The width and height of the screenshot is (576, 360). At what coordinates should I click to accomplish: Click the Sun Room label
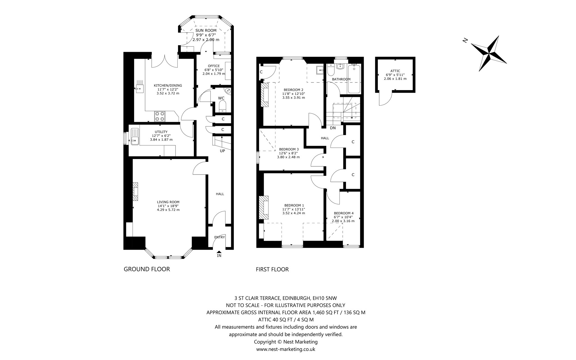(x=206, y=30)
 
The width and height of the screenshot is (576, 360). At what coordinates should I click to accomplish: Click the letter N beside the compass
(x=465, y=41)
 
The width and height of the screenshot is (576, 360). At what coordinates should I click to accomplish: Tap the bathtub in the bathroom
(x=354, y=79)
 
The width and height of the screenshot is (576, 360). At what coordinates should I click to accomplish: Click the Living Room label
(x=168, y=202)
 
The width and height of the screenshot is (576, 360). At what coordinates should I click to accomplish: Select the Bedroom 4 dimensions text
(x=343, y=219)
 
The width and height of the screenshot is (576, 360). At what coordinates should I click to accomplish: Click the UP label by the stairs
(x=222, y=151)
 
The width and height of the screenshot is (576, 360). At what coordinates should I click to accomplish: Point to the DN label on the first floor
(x=333, y=128)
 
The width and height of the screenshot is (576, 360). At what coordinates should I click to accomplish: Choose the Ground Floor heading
(x=147, y=269)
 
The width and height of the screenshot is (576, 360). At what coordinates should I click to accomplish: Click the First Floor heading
(x=272, y=269)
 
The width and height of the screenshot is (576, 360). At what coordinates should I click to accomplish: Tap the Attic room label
(x=395, y=71)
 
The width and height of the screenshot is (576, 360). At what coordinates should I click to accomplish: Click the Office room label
(x=214, y=66)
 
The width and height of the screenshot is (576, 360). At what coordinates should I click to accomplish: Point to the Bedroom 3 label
(x=289, y=149)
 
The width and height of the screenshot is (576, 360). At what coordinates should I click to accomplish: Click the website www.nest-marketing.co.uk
(x=286, y=349)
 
